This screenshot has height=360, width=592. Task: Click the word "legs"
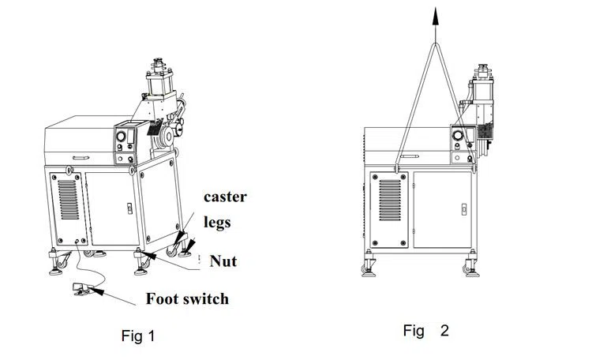217,222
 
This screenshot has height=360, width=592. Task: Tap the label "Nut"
223,261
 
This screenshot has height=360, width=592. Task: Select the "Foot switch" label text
187,298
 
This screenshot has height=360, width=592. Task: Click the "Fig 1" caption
138,336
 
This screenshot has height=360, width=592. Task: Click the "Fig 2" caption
425,330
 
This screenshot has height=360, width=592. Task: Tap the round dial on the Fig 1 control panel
121,137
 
